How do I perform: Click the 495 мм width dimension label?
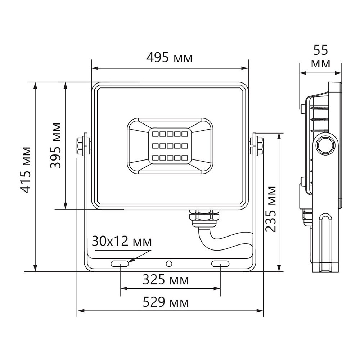(x=169, y=58)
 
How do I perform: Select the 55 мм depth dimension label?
(x=321, y=56)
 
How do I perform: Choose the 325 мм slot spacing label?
(x=165, y=280)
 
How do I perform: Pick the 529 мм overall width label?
(x=165, y=302)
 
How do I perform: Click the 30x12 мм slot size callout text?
(x=122, y=241)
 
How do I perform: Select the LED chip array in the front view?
(x=169, y=146)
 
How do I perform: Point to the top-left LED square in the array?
(x=156, y=134)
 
